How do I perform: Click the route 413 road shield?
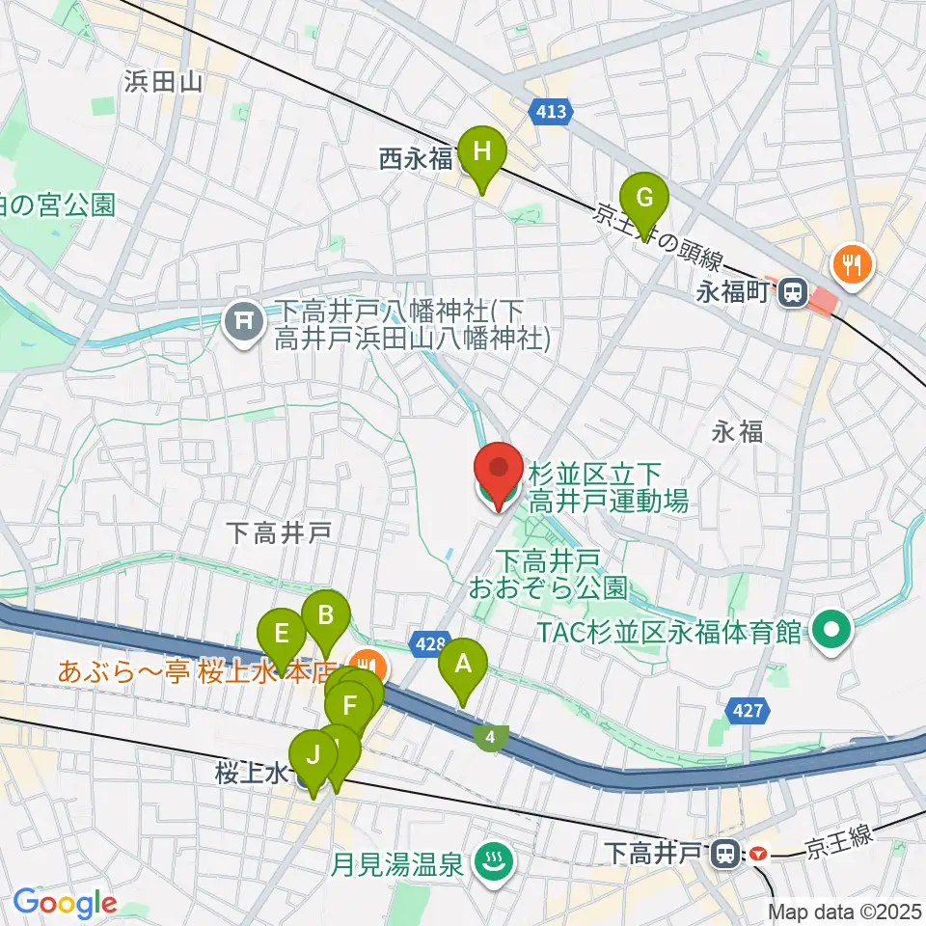(551, 113)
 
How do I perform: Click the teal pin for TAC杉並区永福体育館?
(831, 632)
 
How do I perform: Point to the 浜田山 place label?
(162, 82)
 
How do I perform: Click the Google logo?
(65, 904)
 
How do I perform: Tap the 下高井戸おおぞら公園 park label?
(547, 573)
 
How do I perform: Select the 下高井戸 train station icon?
(722, 853)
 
